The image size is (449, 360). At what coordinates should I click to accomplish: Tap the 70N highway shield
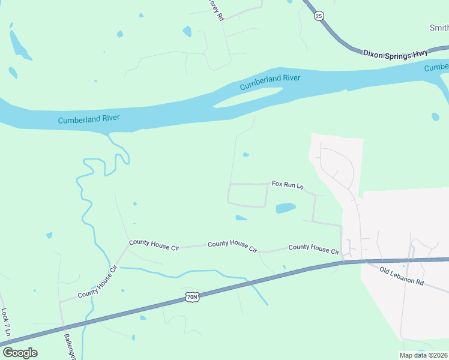pos(191,297)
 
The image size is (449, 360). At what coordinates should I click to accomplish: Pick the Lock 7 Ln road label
pos(5,322)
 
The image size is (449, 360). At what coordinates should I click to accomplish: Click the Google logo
pos(20,353)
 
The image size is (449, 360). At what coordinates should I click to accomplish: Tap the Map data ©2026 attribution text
pos(424,355)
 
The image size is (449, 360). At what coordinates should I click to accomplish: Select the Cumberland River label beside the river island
pos(270,82)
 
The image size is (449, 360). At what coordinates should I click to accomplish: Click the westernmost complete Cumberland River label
pos(89,119)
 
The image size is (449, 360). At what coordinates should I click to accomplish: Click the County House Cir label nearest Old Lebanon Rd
pos(314,248)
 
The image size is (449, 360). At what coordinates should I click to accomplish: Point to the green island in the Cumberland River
pos(249,97)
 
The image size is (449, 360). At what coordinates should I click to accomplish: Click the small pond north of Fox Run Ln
pos(246,155)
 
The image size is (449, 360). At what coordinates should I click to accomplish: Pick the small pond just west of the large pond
pos(241,217)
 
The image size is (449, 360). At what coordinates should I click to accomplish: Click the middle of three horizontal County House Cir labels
pos(232,244)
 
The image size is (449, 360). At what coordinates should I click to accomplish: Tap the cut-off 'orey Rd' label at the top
pos(215,10)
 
